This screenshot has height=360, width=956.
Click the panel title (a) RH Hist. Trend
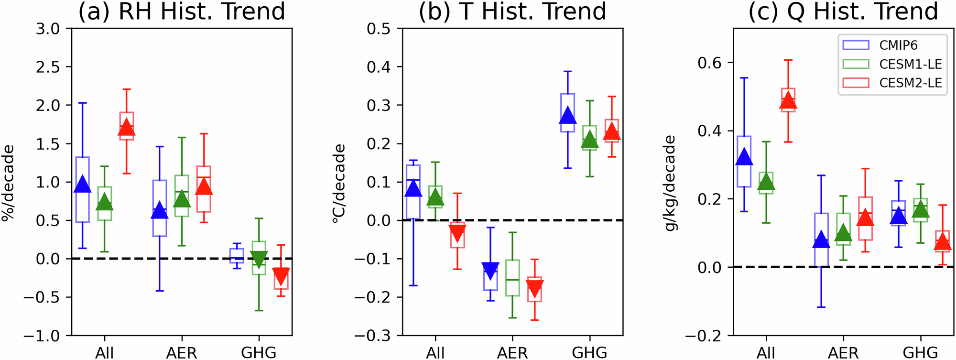[x=182, y=11]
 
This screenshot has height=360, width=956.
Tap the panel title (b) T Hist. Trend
[x=512, y=11]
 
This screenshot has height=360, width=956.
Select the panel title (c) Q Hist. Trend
[x=843, y=11]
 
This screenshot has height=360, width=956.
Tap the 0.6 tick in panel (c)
[x=709, y=63]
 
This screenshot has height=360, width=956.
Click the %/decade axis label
[x=8, y=182]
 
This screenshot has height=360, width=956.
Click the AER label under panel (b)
[x=512, y=353]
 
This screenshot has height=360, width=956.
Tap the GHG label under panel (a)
[x=259, y=353]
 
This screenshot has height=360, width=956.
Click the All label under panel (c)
[x=766, y=353]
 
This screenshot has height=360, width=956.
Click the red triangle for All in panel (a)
[x=127, y=128]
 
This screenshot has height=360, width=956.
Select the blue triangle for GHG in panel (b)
[x=567, y=116]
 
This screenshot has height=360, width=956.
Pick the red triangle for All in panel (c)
[x=788, y=101]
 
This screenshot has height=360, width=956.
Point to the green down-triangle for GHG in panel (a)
[x=259, y=259]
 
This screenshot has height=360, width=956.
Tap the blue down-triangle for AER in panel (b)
[x=490, y=270]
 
